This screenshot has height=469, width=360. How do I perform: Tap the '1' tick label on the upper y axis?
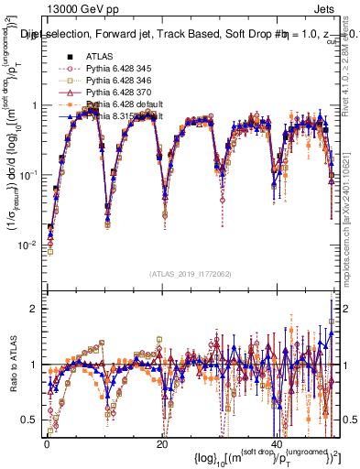coord(34,105)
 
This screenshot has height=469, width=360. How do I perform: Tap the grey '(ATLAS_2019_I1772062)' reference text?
coord(191,274)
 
